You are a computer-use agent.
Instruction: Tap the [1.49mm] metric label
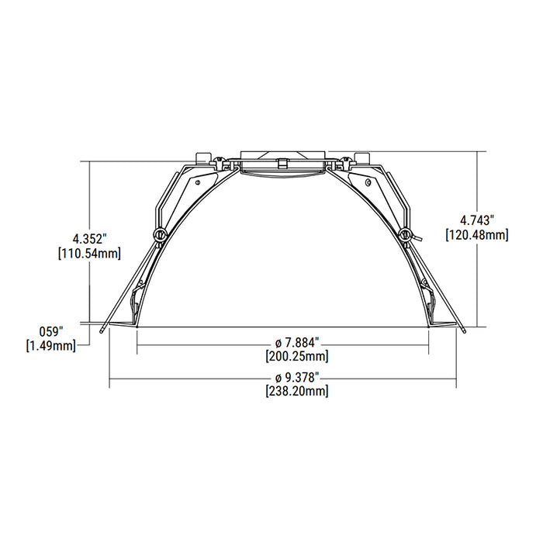[52, 345]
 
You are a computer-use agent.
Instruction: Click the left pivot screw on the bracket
[160, 234]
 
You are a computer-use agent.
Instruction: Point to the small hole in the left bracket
[198, 182]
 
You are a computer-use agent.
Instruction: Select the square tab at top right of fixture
[360, 157]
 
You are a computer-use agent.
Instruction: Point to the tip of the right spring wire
[462, 328]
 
